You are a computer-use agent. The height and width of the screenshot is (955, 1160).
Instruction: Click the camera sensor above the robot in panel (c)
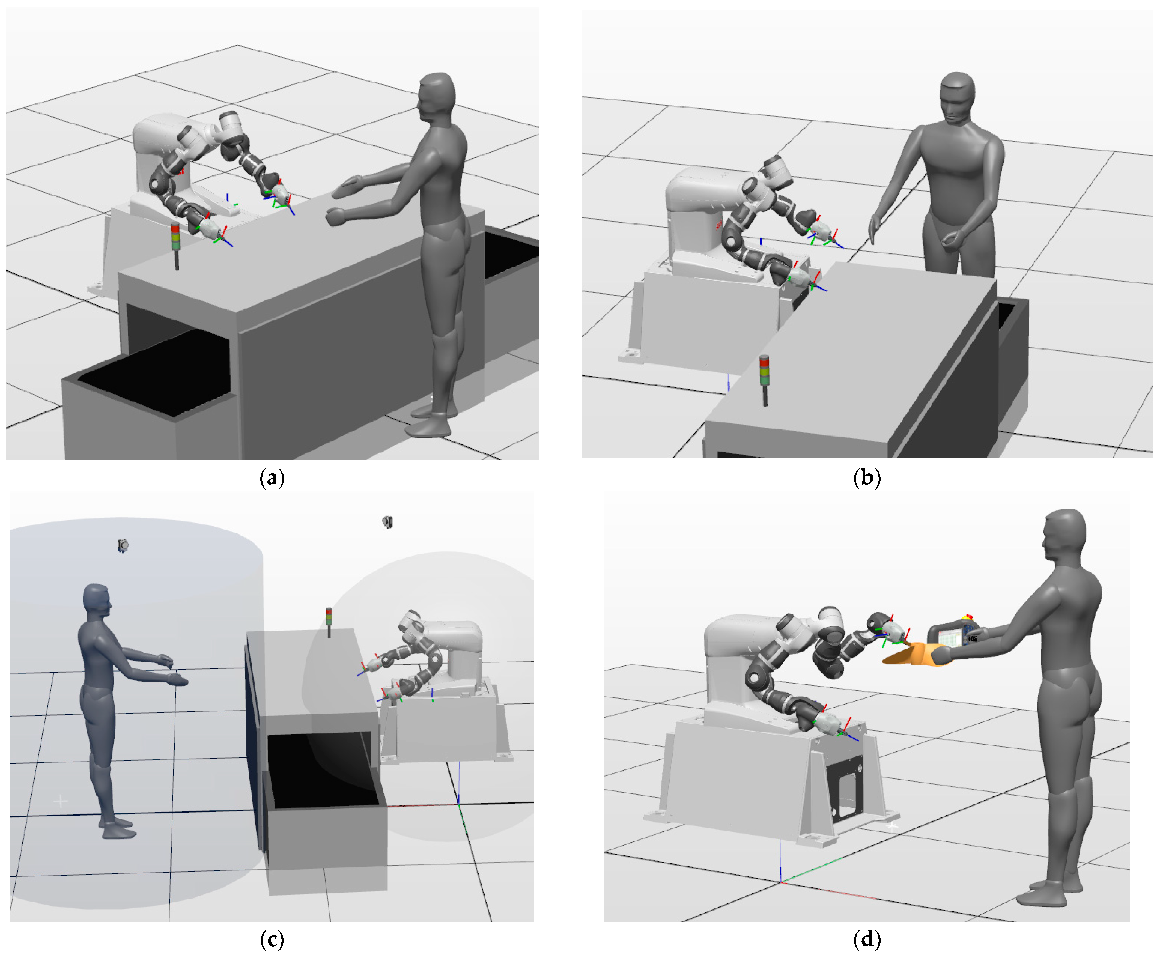(x=388, y=521)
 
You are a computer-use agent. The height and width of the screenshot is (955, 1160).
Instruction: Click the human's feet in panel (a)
(x=432, y=421)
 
